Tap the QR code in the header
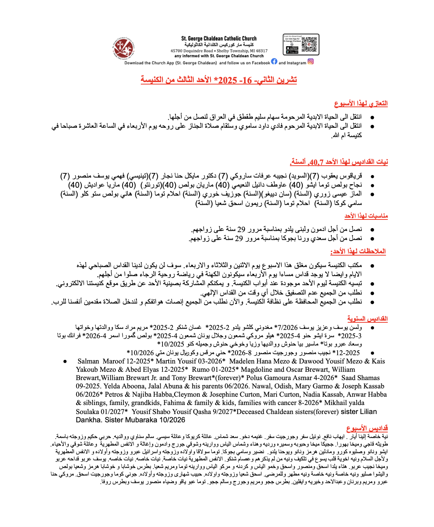pos(309,44)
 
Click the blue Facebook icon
pos(274,62)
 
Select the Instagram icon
pos(311,62)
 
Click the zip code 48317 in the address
pos(262,51)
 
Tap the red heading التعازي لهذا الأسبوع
pos(361,104)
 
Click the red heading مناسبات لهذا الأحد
pos(366,216)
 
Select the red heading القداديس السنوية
pos(367,319)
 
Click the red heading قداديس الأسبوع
pos(367,428)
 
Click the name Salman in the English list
pos(88,361)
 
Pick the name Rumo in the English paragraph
pos(201,370)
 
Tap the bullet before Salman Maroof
pos(65,361)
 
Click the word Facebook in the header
pos(258,63)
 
